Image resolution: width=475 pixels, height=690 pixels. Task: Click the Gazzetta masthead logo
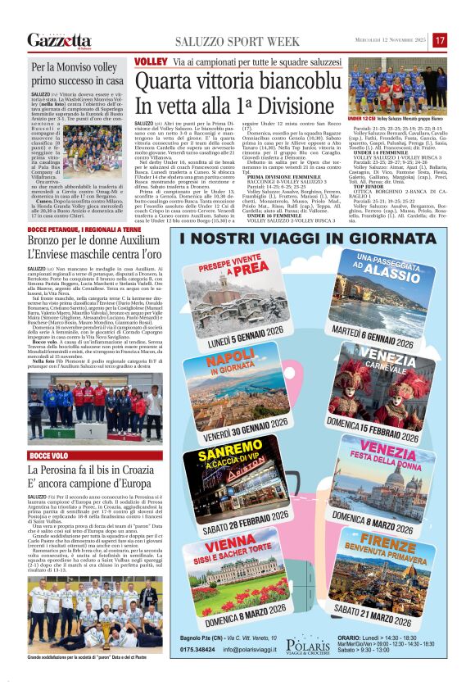point(59,40)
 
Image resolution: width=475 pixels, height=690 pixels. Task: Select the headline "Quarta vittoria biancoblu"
point(236,83)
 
